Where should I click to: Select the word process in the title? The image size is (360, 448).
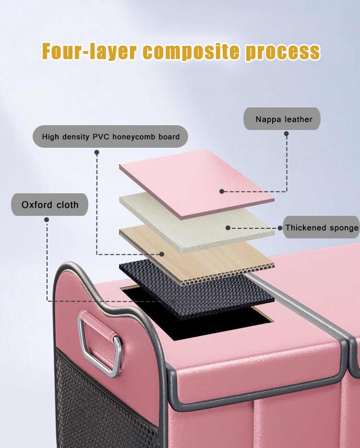point(282,52)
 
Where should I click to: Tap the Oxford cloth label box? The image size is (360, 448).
point(49,205)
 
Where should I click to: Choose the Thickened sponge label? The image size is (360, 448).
point(321,228)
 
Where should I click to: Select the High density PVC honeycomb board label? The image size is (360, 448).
point(110,137)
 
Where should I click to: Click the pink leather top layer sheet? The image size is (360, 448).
point(192,177)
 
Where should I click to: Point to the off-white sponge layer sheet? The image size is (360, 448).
point(192,221)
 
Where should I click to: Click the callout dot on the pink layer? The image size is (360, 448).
point(222,191)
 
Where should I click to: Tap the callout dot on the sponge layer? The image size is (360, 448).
point(228,228)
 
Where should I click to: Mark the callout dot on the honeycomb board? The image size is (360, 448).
point(162,254)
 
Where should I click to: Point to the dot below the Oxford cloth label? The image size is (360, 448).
point(47,220)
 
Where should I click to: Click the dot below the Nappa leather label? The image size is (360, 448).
point(286,134)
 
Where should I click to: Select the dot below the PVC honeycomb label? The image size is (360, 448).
point(96,152)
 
